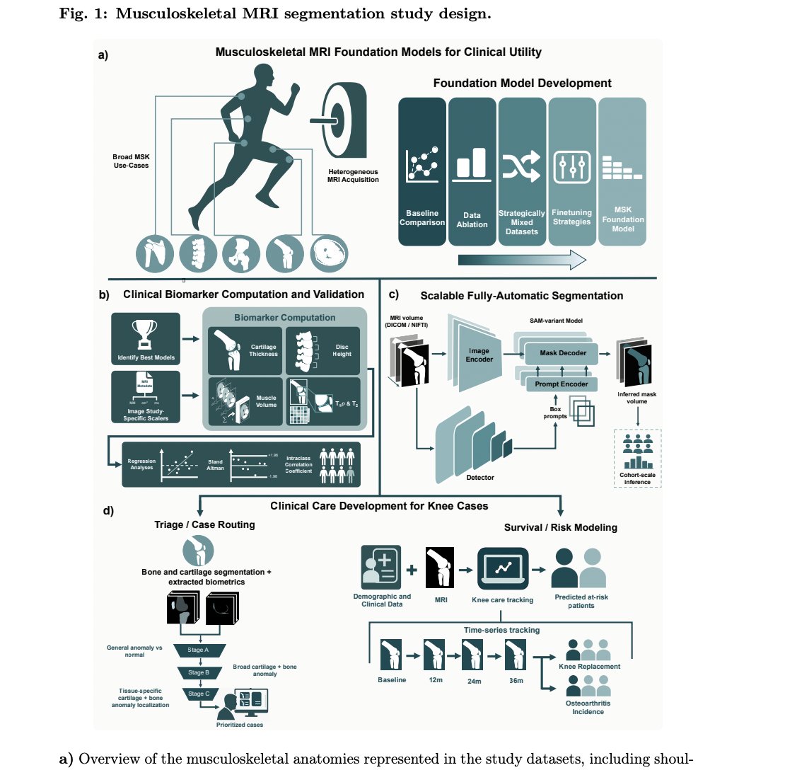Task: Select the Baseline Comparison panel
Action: tap(422, 171)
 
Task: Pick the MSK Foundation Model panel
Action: tap(622, 171)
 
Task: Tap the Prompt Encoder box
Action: tap(559, 384)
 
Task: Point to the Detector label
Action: tap(479, 477)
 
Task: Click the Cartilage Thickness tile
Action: tap(243, 348)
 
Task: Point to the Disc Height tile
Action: tap(321, 348)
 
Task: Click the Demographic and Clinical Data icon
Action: tap(381, 568)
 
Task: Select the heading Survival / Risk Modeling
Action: tap(561, 527)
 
